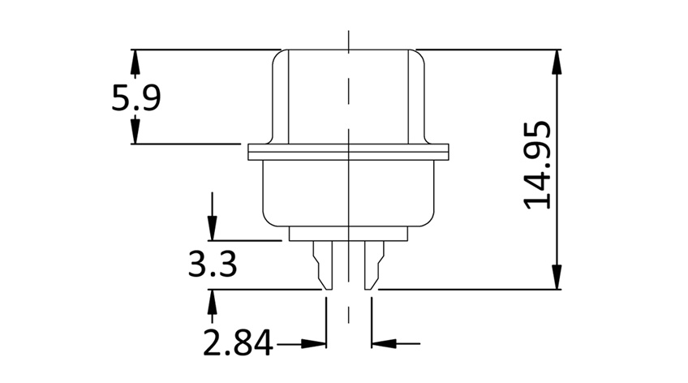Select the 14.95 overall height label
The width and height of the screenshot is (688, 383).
point(538,166)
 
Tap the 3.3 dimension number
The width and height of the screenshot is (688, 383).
point(212,265)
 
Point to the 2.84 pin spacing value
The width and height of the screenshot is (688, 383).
point(238,344)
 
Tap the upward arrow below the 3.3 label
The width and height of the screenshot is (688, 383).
point(213,299)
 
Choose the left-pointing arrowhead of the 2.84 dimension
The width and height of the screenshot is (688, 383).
point(381,344)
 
